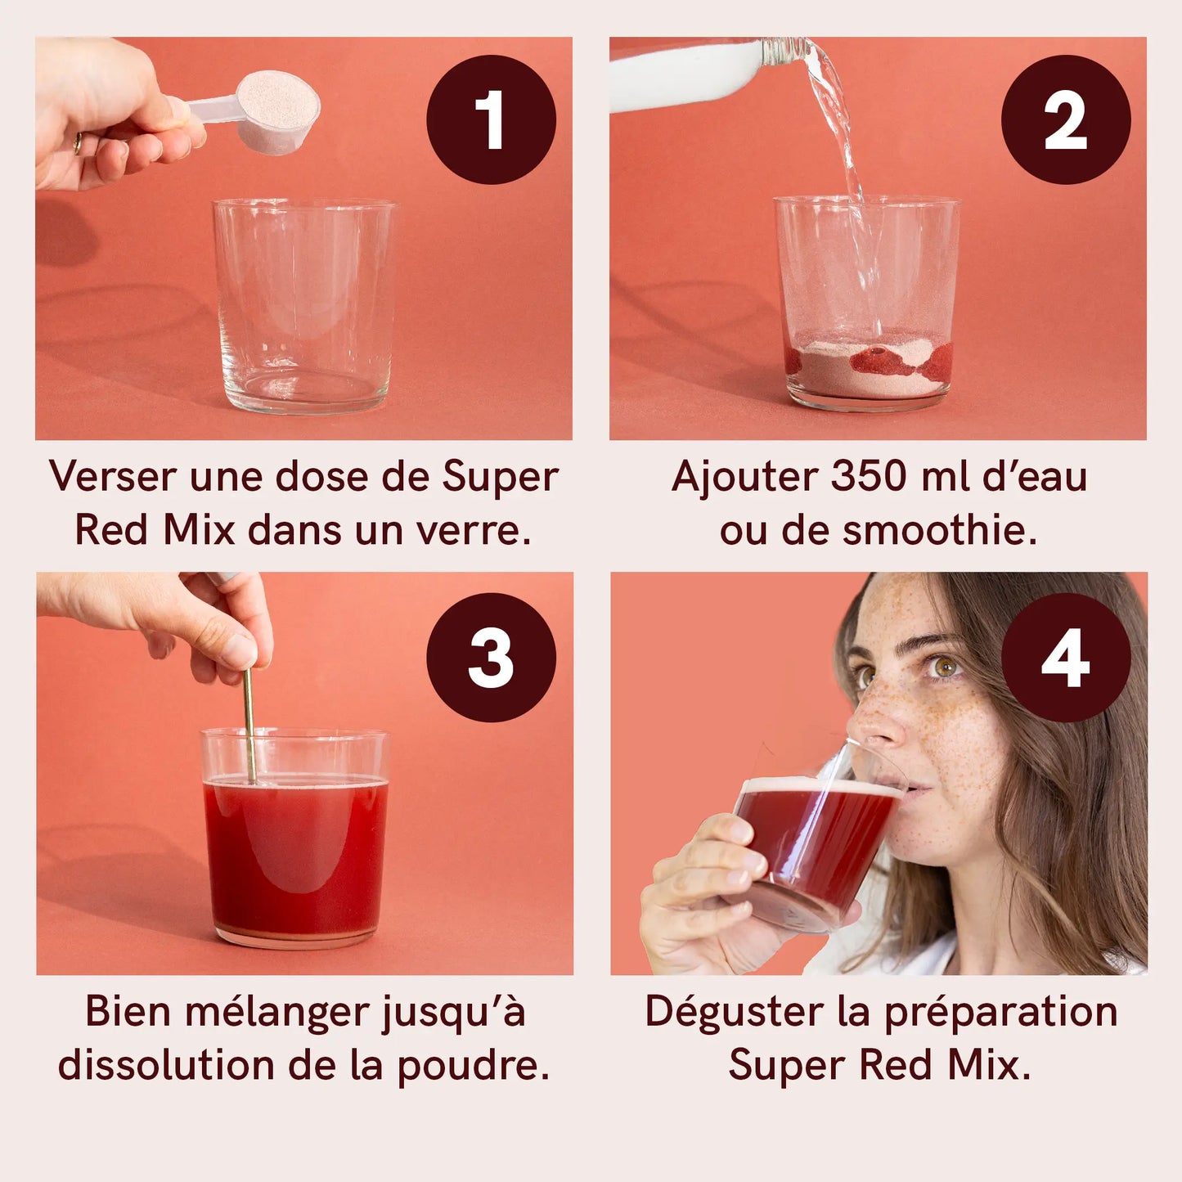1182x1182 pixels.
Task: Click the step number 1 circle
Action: coord(491,119)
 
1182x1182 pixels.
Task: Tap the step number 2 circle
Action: coord(1066,119)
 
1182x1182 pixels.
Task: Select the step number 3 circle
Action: coord(491,657)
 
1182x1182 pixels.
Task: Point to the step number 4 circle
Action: coord(1066,657)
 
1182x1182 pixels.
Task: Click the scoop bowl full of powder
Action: coord(277,112)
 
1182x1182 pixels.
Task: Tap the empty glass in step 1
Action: coord(305,305)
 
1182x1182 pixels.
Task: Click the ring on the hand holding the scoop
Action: coord(78,143)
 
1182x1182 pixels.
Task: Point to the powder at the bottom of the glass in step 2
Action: coord(869,364)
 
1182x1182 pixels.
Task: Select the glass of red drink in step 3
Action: coord(295,837)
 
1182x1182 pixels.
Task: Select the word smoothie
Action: coord(939,530)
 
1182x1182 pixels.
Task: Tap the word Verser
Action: coord(114,477)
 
